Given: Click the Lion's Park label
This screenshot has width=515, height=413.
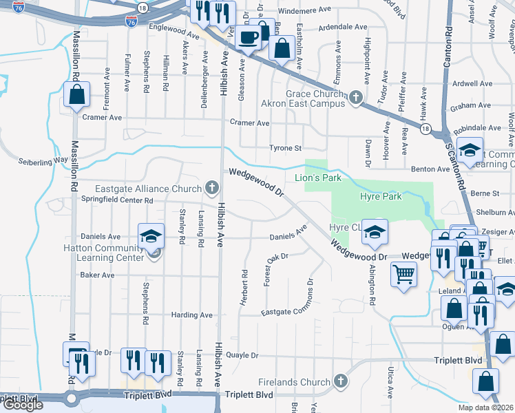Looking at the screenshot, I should click(x=318, y=178).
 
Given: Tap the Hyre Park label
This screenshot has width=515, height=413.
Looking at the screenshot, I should click(x=381, y=196).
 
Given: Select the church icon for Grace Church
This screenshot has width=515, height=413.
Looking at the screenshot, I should click(x=355, y=97).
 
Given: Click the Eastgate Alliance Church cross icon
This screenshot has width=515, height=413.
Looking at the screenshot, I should click(x=212, y=187).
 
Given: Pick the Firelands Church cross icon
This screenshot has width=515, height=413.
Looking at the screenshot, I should click(x=339, y=381).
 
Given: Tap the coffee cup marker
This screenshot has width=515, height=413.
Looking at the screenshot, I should click(x=249, y=38).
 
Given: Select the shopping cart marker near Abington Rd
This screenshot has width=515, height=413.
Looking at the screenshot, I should click(x=403, y=275).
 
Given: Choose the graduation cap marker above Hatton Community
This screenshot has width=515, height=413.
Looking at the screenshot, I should click(x=151, y=236).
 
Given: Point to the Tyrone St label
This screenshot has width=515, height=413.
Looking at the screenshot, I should click(x=285, y=148).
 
